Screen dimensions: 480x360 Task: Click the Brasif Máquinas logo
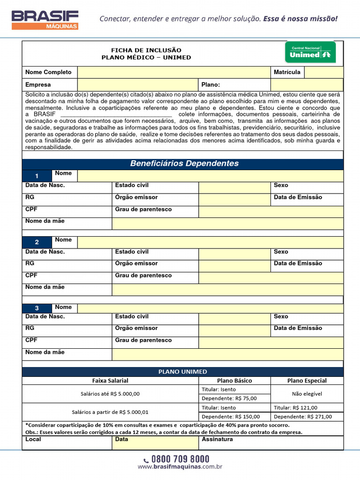(x=45, y=20)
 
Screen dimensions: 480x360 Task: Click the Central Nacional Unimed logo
(x=310, y=52)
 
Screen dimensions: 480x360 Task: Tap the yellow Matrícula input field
(x=323, y=72)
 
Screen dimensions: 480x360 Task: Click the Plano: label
(x=210, y=85)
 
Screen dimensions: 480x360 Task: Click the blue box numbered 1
(x=37, y=176)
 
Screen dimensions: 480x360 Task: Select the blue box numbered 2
(x=37, y=242)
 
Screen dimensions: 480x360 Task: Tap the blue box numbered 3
(x=37, y=308)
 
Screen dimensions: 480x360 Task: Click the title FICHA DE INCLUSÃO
(x=146, y=50)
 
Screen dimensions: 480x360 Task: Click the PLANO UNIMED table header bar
(x=182, y=372)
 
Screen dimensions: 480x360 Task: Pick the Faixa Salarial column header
(x=110, y=381)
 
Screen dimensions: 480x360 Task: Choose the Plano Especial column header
(x=307, y=381)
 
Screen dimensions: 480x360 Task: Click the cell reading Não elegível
(x=307, y=394)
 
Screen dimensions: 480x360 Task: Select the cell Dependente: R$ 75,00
(x=229, y=398)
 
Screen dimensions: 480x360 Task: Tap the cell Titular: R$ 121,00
(x=295, y=408)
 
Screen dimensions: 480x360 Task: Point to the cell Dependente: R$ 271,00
(x=303, y=416)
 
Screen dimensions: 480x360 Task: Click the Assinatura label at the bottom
(x=217, y=439)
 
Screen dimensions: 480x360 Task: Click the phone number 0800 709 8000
(x=180, y=459)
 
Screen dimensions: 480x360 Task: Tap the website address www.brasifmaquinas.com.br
(x=180, y=467)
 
